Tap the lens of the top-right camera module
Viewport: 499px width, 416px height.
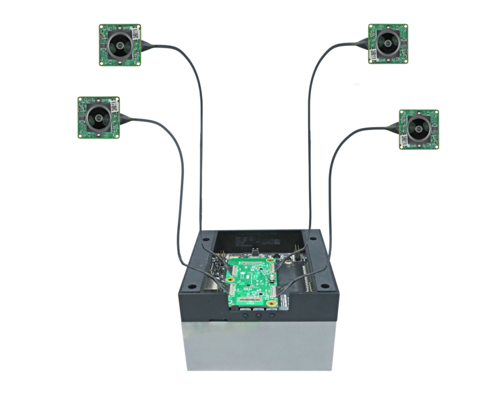point(387,43)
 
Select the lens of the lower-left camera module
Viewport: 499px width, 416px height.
point(98,117)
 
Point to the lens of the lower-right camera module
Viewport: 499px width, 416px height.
point(419,127)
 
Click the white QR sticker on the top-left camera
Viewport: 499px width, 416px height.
point(136,33)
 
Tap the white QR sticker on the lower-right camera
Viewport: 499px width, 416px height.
point(404,140)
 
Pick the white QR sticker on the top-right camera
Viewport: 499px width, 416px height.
point(373,56)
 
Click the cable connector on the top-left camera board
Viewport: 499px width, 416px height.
point(145,45)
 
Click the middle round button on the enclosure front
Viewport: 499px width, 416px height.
point(258,316)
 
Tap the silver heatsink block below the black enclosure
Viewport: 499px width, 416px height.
point(258,346)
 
